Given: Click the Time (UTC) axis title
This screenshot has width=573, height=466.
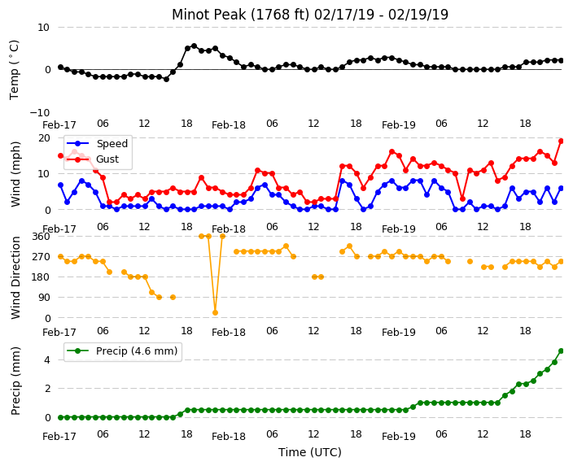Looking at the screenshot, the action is [x=310, y=452].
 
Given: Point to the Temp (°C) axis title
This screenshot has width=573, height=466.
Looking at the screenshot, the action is [x=14, y=70].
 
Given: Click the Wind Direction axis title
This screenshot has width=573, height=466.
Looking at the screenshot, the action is [x=15, y=278].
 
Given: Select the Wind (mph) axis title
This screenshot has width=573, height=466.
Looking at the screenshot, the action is [x=15, y=174].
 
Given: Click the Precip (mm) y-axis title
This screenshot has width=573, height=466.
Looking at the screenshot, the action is [x=15, y=381].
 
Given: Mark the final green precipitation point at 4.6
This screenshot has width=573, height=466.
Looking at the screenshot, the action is [x=562, y=351].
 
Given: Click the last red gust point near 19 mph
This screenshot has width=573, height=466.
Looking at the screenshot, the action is [x=562, y=141].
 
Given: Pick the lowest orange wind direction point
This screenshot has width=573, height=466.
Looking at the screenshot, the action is [x=215, y=312].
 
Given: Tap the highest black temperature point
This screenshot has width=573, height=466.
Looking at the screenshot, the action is [x=194, y=46].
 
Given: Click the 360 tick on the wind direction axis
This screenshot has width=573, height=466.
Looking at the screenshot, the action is [x=41, y=237].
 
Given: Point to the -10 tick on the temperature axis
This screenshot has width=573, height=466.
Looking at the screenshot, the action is [x=40, y=112].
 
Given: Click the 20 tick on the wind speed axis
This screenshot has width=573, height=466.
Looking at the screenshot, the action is [x=44, y=138].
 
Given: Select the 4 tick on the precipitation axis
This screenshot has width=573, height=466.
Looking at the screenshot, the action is [x=47, y=360].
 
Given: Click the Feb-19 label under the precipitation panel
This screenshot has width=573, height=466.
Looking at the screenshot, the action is [x=399, y=436].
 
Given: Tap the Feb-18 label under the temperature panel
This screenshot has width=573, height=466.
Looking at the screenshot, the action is [x=229, y=125].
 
